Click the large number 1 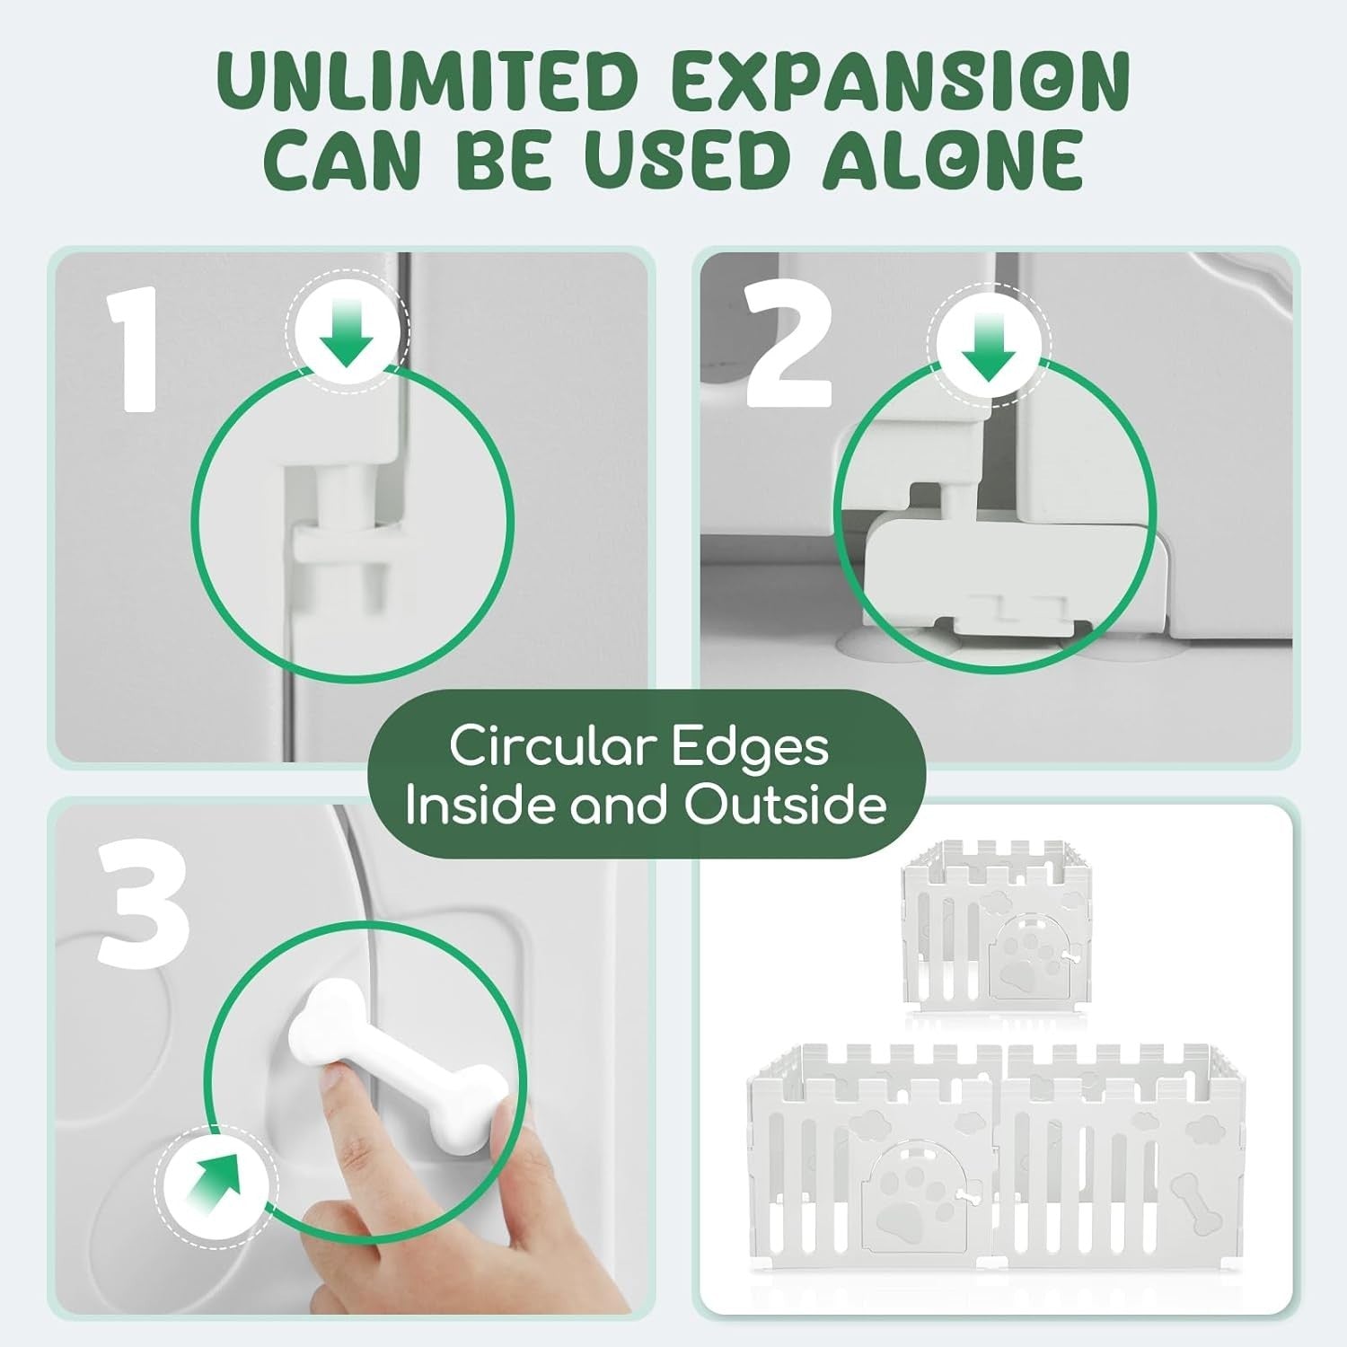[134, 349]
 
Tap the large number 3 [144, 907]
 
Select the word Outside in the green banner [785, 803]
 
